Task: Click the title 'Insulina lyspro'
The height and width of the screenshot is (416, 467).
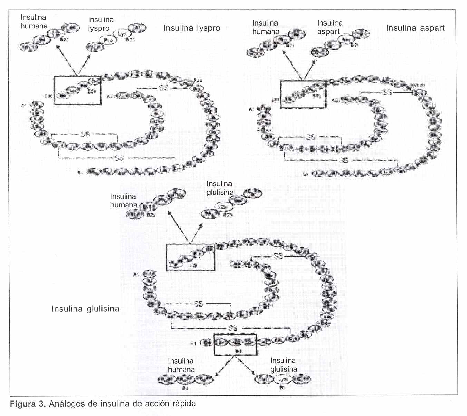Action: [x=192, y=28]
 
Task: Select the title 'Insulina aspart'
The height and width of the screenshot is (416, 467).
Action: [x=415, y=28]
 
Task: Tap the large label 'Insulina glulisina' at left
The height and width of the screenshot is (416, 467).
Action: [x=85, y=309]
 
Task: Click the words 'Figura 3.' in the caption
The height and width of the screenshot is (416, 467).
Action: [x=27, y=404]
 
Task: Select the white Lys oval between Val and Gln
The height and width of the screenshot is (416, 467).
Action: [x=282, y=379]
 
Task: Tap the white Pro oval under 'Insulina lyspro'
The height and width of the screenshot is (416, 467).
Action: [x=108, y=40]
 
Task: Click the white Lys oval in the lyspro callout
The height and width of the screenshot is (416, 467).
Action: [x=122, y=33]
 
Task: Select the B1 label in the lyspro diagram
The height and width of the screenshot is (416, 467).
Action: [x=80, y=173]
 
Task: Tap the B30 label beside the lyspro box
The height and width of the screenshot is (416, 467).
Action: [x=49, y=96]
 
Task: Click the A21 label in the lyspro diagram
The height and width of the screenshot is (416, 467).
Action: [x=111, y=96]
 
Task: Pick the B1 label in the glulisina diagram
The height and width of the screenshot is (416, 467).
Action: [x=193, y=344]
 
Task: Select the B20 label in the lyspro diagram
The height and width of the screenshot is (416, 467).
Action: [x=198, y=81]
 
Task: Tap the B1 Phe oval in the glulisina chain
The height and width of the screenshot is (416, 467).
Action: [x=207, y=342]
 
